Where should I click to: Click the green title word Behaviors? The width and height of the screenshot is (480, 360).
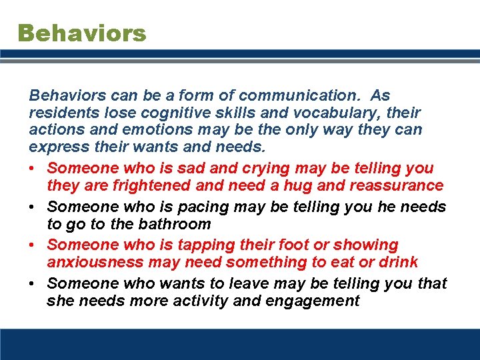pos(81,33)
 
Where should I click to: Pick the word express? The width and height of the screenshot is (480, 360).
pos(56,147)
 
